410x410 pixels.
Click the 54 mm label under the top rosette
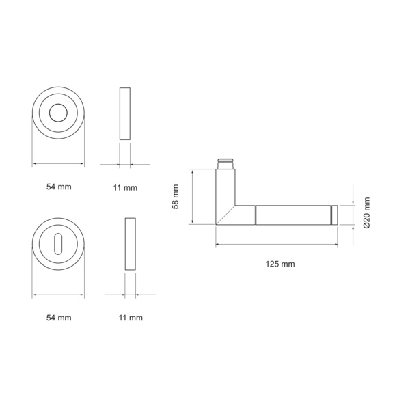58,187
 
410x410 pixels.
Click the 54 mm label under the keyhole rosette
58,318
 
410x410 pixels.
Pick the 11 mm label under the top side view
125,187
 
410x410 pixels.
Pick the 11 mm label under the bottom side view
131,318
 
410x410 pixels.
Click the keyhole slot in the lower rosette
58,243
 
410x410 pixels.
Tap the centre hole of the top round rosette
58,112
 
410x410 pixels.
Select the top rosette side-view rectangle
124,113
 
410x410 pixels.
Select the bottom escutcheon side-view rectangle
131,245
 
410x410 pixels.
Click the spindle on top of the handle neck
226,164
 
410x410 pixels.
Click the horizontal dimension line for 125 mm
277,245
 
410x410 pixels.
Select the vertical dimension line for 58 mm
194,197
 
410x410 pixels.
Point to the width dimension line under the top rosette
58,164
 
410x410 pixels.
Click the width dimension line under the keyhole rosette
58,295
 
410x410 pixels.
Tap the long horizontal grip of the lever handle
294,215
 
